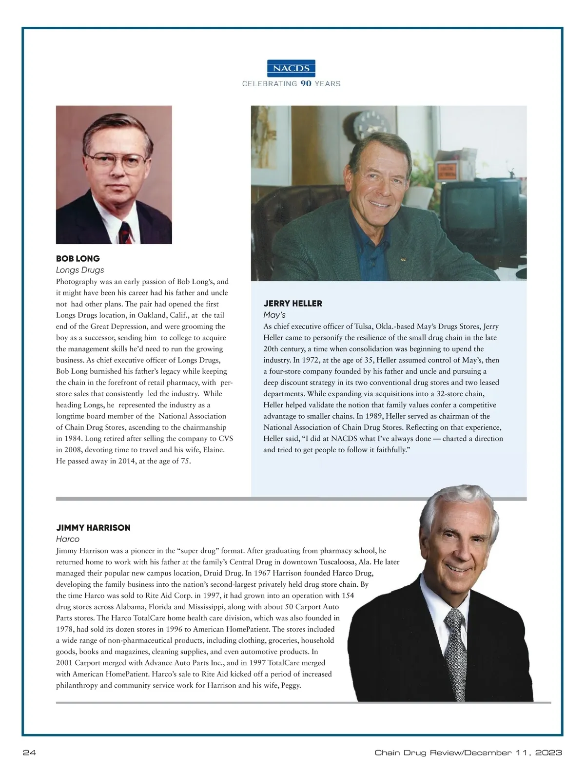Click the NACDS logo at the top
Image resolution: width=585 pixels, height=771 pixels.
point(292,68)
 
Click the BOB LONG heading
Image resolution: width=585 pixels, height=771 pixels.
point(78,258)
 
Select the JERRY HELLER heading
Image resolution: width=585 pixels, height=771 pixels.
point(292,303)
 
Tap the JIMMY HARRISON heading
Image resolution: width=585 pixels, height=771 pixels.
point(93,527)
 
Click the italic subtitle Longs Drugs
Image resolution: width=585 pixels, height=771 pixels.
point(80,270)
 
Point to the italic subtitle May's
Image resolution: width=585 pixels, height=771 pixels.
point(274,314)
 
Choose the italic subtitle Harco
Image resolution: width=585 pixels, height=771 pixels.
point(68,539)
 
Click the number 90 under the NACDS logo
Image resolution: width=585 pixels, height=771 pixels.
point(306,83)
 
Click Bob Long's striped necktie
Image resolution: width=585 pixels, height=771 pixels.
point(127,232)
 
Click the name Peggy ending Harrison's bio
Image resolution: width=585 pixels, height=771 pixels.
point(291,685)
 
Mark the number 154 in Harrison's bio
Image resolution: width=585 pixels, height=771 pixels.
point(347,595)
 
